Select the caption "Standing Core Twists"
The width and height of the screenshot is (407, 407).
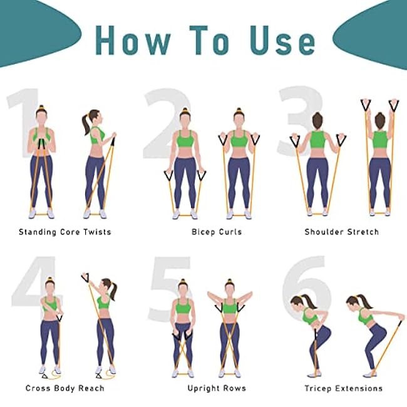pyautogui.click(x=64, y=232)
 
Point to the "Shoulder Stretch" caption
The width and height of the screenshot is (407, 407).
pyautogui.click(x=341, y=232)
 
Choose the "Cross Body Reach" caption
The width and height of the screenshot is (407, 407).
pyautogui.click(x=64, y=388)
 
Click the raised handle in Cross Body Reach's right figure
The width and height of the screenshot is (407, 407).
pyautogui.click(x=85, y=277)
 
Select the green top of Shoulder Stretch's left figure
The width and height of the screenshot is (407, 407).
pyautogui.click(x=317, y=139)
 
